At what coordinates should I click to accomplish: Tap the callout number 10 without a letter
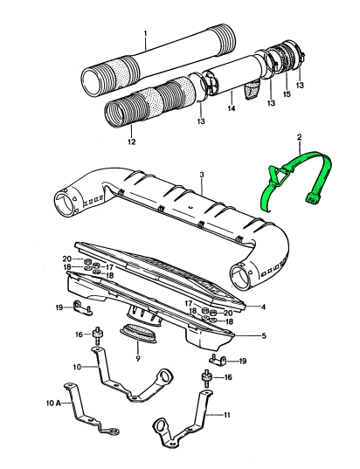point(77,368)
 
